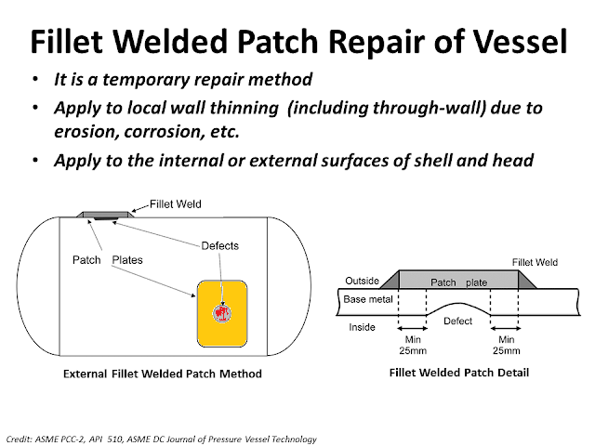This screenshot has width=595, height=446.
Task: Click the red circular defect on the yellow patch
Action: tap(222, 311)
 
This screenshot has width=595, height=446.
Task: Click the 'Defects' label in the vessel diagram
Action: tap(220, 245)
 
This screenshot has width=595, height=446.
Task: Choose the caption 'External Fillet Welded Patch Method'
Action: tap(163, 374)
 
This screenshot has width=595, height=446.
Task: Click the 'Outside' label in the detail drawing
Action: tap(361, 279)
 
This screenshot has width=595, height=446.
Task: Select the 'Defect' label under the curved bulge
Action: tap(457, 321)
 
